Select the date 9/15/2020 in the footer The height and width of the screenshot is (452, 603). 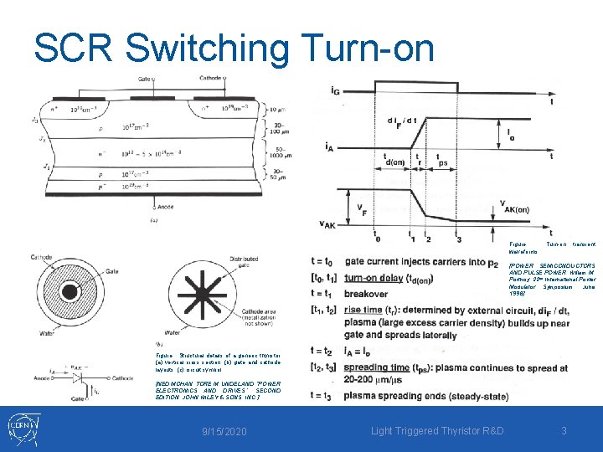coord(225,431)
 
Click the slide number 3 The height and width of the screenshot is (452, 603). coord(564,431)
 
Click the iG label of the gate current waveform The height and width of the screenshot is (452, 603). coord(335,89)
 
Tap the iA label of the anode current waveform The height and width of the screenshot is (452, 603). coord(332,146)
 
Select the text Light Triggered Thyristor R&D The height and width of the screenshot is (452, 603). coord(438,431)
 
